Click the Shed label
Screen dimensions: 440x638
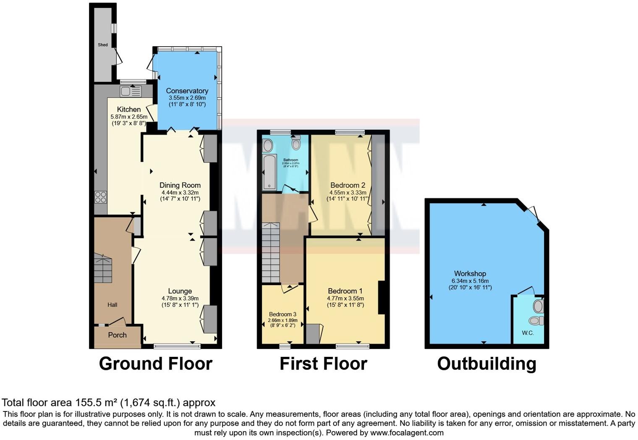point(103,45)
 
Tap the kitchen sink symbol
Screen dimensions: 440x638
point(131,91)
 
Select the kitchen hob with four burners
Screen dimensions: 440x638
point(101,197)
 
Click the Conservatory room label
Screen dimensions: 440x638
point(187,91)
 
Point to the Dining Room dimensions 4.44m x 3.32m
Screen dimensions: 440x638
point(180,192)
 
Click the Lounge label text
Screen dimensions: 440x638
point(180,291)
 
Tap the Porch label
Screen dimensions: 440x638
point(117,335)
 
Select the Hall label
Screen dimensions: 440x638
point(112,305)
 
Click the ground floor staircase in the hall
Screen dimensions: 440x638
point(103,268)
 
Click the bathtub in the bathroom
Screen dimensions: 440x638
point(269,172)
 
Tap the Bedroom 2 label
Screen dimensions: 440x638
point(348,185)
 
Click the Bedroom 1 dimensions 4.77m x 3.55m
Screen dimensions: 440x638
point(345,299)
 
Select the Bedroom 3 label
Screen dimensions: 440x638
point(282,314)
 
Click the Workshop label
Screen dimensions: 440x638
point(470,274)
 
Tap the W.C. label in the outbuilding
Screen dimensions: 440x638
point(528,333)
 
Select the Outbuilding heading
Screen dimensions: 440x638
point(486,364)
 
